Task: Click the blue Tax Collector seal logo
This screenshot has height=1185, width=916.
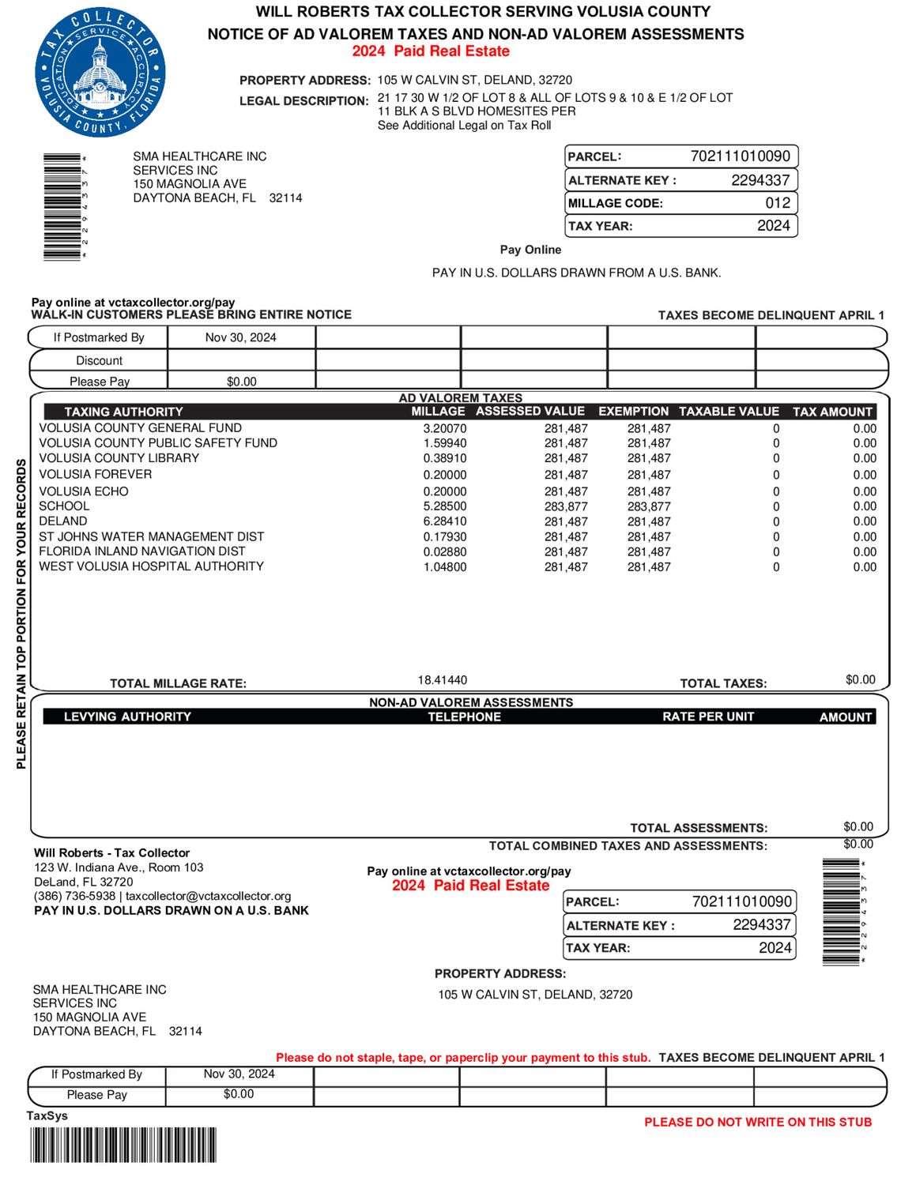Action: [100, 73]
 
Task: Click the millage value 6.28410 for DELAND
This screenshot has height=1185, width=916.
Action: [445, 521]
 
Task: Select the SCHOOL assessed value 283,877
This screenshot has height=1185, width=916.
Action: [566, 506]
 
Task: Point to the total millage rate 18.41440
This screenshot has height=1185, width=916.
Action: [443, 680]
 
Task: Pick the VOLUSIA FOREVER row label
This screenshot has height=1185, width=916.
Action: [96, 474]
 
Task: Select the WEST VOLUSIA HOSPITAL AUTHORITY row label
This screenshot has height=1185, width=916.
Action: [151, 566]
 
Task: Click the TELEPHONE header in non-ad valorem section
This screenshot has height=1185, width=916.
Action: [464, 717]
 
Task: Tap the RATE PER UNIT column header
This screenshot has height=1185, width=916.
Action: [708, 717]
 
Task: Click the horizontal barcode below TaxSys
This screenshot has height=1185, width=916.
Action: [123, 1145]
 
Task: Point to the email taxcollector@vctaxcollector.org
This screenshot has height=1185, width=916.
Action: [209, 896]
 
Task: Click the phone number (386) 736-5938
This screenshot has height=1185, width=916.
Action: [74, 896]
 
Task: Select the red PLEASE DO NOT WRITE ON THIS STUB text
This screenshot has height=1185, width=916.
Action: [758, 1122]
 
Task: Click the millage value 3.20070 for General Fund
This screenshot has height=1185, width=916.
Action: [445, 428]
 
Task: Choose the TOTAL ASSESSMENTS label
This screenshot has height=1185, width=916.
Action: [699, 828]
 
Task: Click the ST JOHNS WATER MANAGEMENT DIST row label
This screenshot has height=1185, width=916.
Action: [151, 536]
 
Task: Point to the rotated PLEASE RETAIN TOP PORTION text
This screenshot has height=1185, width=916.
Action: [21, 613]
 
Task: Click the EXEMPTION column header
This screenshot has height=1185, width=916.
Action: [633, 412]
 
